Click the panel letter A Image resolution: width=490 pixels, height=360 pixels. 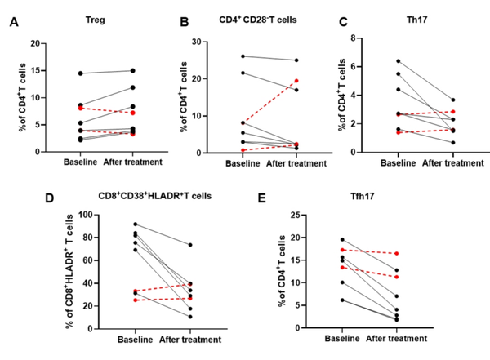[x=14, y=24]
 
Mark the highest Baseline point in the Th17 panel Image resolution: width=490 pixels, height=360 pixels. [x=398, y=61]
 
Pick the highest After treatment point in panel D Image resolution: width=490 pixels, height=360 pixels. [x=190, y=245]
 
